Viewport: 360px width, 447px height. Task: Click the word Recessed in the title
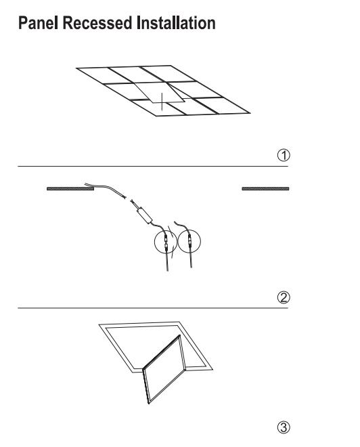coord(97,23)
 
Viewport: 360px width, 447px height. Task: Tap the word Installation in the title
coord(176,23)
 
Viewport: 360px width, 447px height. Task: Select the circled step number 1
coord(284,155)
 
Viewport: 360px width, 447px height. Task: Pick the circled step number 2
coord(284,297)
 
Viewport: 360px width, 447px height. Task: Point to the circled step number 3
coord(284,427)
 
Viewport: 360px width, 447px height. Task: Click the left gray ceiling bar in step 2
coord(70,188)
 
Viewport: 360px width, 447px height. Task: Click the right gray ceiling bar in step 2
coord(265,188)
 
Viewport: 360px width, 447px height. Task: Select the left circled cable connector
coord(166,242)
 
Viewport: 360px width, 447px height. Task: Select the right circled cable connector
coord(189,241)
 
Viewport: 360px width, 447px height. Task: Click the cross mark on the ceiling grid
coord(162,102)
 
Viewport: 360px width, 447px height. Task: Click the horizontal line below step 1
coord(153,166)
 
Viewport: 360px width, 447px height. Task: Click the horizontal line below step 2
coord(153,308)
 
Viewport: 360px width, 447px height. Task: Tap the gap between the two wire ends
coord(128,199)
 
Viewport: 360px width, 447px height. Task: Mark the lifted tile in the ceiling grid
coord(160,92)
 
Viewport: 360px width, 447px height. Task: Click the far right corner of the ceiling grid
coord(250,113)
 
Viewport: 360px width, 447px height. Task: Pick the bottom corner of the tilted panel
coord(149,404)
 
